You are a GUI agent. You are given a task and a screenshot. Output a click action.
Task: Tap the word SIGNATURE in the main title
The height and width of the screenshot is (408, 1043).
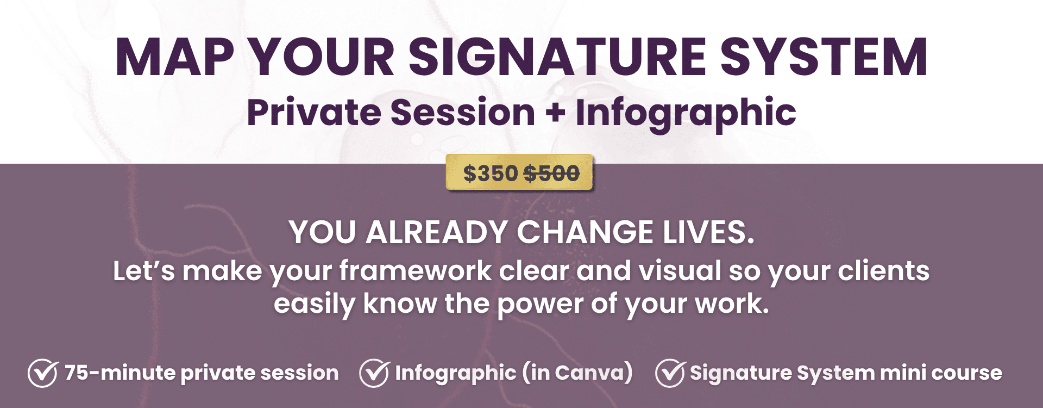point(557,57)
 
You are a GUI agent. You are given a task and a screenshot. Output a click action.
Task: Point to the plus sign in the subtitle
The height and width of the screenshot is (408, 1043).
point(555,113)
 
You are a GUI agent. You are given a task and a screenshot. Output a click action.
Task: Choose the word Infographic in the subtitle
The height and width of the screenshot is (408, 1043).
point(686,114)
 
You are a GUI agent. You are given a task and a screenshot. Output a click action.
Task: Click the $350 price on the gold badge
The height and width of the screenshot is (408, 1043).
point(491,174)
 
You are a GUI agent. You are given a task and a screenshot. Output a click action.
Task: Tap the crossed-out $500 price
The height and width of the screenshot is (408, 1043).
point(551,174)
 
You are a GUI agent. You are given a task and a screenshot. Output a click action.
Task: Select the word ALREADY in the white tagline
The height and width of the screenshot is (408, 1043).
point(437,232)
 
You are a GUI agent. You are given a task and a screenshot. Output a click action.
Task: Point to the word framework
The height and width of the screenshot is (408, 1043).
point(416,271)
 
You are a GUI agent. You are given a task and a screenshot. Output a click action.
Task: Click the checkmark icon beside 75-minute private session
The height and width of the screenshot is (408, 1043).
point(43,373)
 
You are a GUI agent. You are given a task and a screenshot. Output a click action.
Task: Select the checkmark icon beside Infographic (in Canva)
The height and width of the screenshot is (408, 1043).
point(374,373)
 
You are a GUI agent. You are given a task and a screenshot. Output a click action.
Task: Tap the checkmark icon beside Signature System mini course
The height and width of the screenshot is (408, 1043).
point(670,373)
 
